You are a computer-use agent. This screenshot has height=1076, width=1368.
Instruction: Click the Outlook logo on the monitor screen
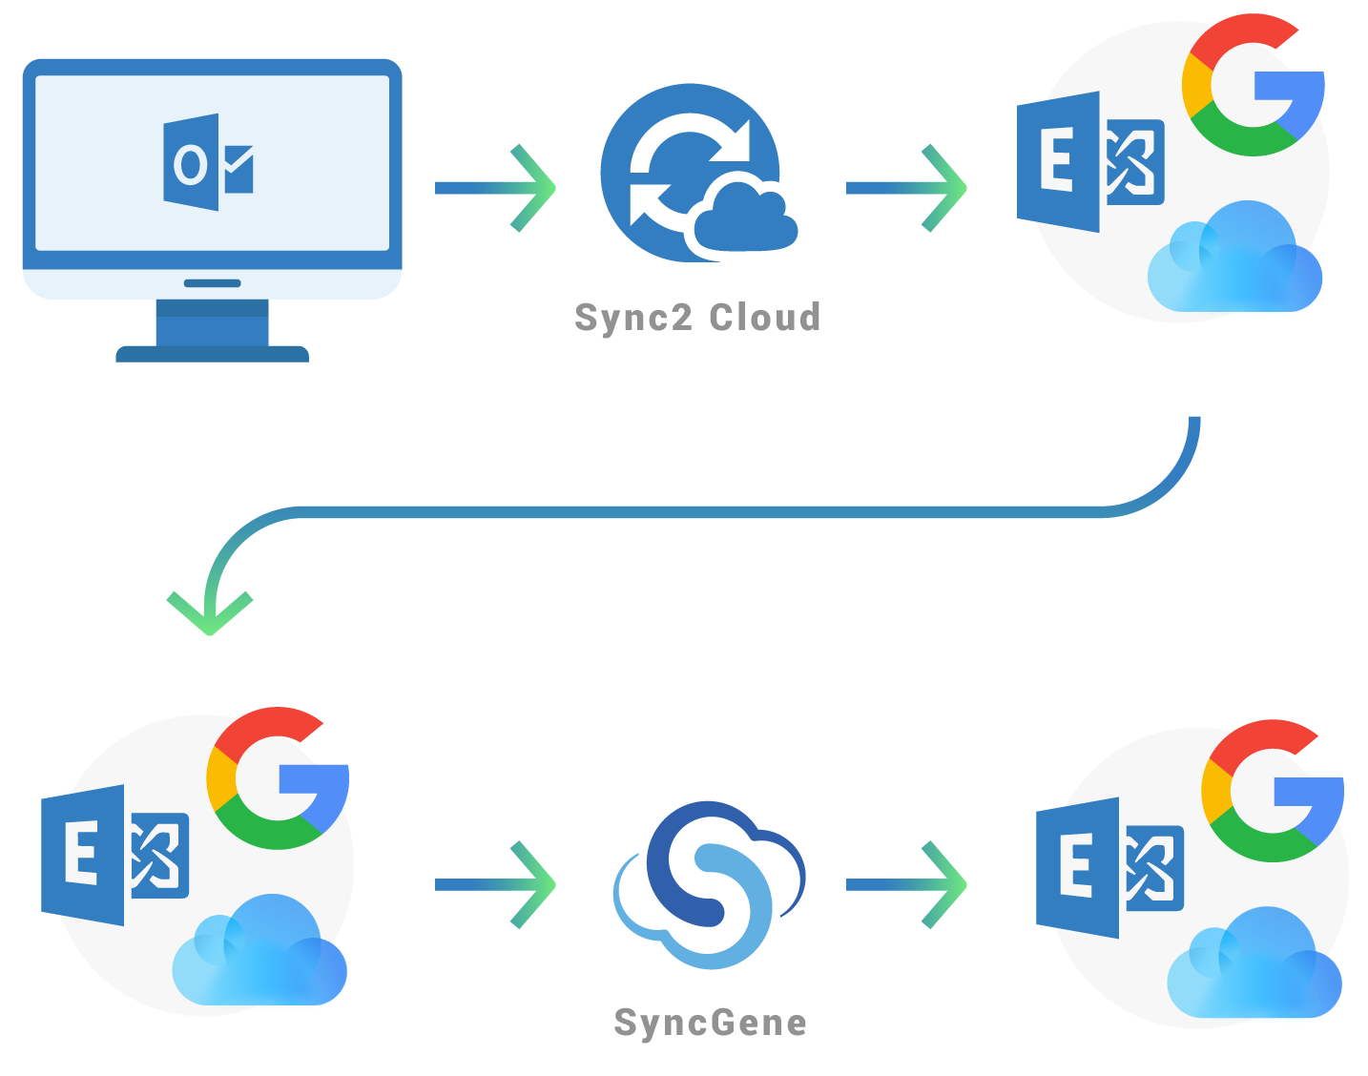click(208, 163)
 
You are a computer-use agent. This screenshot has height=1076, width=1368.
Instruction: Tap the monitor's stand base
click(212, 354)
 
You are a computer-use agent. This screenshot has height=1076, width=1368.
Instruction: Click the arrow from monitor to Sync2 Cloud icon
click(495, 188)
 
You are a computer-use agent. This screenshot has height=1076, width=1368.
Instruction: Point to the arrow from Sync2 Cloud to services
click(906, 188)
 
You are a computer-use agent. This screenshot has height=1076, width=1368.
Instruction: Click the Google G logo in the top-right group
click(1252, 86)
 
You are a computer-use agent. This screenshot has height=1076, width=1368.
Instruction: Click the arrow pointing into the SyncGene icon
click(495, 884)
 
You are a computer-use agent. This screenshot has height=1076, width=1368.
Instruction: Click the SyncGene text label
click(710, 1023)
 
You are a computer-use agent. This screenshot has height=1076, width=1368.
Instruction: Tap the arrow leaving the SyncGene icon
click(906, 884)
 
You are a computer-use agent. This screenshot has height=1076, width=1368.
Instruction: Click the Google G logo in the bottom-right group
click(1272, 792)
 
